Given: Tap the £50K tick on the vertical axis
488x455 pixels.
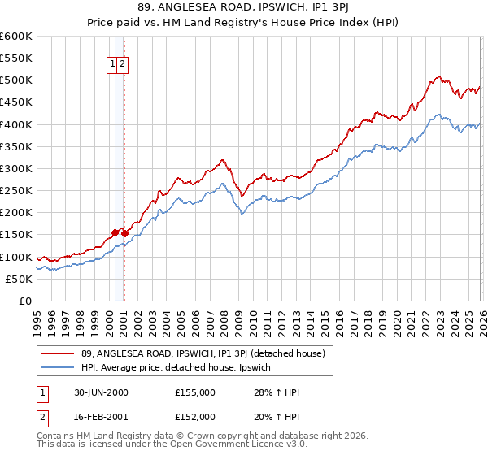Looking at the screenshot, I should pos(18,279).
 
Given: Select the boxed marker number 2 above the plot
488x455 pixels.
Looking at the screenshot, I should pos(123,64).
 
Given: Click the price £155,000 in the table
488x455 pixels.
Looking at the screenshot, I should pos(195,392).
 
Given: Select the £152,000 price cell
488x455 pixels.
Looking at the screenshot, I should pos(195,416).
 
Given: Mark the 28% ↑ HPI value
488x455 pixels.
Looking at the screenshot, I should pos(277,392).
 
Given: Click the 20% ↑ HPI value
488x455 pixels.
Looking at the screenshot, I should pos(277,416).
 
